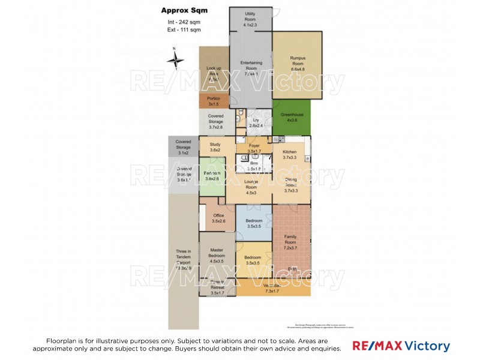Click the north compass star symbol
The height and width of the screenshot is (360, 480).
pos(176,59)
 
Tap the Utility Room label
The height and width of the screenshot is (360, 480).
pos(251,16)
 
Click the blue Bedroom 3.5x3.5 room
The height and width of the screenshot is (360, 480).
pos(254,224)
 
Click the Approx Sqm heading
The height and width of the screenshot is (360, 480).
pos(182,10)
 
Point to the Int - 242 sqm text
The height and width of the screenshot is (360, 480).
pos(184,22)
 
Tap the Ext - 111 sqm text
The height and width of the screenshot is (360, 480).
pos(184,29)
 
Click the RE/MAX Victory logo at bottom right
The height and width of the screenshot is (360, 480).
pos(401,346)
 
